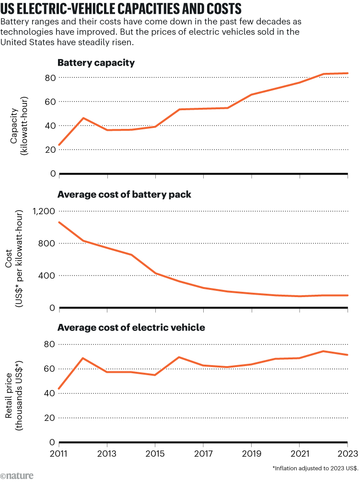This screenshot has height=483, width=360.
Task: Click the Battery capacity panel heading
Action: click(x=96, y=63)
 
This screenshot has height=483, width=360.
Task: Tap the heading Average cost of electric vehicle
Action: click(x=131, y=328)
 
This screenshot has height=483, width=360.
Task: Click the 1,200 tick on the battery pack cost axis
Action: click(x=43, y=211)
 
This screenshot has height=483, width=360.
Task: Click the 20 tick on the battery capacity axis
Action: click(x=49, y=149)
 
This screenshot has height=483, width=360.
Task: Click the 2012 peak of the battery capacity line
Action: click(x=83, y=118)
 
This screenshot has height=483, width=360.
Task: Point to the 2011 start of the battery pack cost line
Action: click(x=59, y=222)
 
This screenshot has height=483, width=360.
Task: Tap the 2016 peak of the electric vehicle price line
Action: click(x=179, y=357)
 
